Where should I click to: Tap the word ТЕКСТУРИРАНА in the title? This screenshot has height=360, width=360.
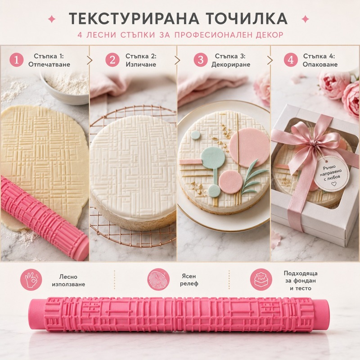134,18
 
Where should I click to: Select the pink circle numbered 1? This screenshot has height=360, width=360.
17,60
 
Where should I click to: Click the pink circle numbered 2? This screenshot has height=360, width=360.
112,60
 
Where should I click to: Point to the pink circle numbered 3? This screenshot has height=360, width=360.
200,60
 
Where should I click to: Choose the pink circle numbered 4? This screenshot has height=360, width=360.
291,60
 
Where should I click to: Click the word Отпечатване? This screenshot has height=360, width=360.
49,64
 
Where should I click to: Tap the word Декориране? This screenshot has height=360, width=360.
231,64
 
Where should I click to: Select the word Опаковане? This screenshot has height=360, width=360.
320,64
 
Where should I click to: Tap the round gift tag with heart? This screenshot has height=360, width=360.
331,174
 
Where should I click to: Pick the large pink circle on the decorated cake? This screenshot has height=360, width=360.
249,148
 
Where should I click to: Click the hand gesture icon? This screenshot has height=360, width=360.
31,280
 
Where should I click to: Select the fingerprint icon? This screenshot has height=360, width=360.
158,280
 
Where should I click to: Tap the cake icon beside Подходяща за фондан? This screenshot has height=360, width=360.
261,280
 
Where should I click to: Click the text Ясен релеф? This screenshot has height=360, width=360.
189,280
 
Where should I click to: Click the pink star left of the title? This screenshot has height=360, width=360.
52,19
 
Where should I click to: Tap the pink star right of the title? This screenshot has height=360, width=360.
305,19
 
